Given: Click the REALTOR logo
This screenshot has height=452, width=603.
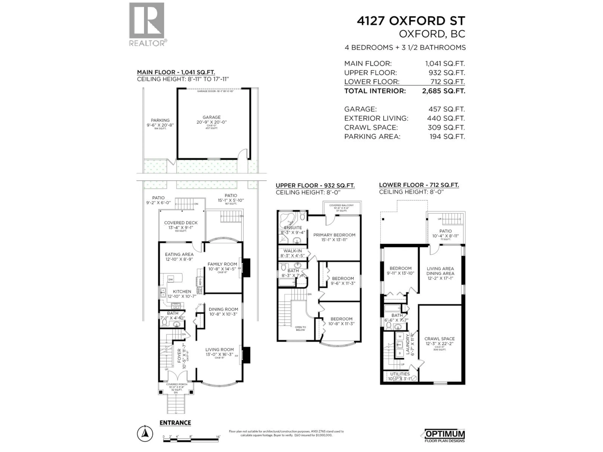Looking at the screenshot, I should [147, 24].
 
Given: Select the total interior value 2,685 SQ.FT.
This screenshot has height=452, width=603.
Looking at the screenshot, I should [443, 91].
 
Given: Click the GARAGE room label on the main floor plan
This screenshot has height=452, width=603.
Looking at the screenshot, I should [212, 117].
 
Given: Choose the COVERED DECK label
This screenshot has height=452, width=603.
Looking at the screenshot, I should [181, 223].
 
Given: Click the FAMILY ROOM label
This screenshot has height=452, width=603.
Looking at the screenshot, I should [222, 264].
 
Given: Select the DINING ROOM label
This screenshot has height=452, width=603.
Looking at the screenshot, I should [223, 309].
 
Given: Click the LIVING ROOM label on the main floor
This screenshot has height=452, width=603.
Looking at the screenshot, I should [219, 350].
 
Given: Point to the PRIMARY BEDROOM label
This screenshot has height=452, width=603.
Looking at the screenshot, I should [334, 235].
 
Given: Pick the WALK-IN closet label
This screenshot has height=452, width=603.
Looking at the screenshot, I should [293, 251].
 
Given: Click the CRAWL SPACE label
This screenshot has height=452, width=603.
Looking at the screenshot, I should [439, 339].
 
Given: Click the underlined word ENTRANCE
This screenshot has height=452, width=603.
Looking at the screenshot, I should [175, 423].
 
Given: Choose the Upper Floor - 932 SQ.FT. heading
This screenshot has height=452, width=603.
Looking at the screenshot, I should [315, 186].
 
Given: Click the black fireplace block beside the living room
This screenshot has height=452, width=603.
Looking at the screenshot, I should [246, 355].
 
